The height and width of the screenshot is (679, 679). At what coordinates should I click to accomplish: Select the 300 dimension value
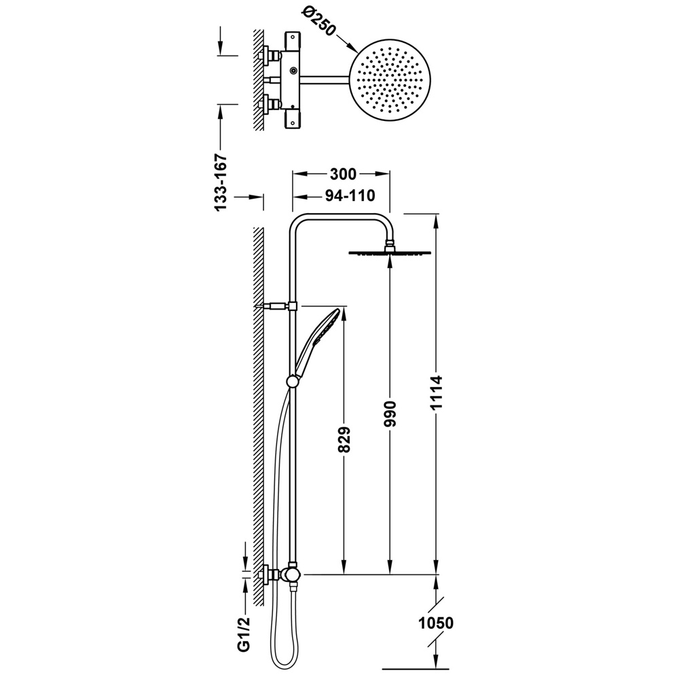click(x=343, y=174)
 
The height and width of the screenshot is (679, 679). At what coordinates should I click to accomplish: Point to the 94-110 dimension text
click(x=350, y=196)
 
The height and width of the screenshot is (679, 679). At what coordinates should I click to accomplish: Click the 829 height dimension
click(x=344, y=439)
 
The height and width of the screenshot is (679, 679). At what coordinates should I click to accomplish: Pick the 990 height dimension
click(x=390, y=414)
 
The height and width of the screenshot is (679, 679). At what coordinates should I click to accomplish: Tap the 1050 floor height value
click(x=436, y=623)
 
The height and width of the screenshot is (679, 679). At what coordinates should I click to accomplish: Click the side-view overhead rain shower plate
click(x=390, y=253)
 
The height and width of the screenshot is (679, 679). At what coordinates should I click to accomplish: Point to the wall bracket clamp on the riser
click(x=293, y=306)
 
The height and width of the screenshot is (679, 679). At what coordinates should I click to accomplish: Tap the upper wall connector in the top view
click(x=268, y=56)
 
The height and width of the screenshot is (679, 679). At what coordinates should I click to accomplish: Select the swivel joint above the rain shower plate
click(x=390, y=244)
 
